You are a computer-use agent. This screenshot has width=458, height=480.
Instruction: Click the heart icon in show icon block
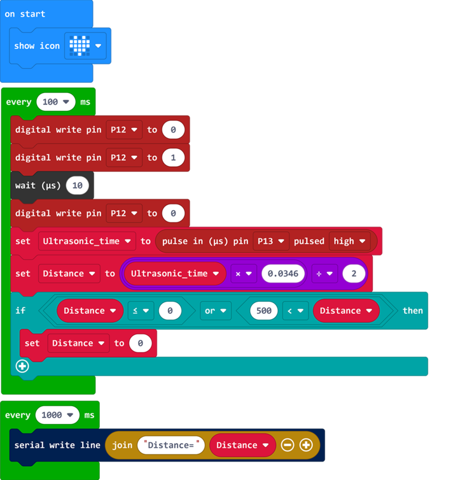80,46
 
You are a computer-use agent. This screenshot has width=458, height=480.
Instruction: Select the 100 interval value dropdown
56,102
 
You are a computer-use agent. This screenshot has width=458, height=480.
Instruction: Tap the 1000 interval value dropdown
58,415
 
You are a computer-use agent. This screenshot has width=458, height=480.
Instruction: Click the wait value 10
78,186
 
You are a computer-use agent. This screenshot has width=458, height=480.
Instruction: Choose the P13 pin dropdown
271,241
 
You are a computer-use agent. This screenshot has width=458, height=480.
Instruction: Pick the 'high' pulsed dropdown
350,241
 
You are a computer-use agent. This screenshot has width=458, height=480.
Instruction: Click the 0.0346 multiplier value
283,274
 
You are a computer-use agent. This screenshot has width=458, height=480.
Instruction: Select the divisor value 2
354,274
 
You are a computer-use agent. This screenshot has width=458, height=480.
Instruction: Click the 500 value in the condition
263,311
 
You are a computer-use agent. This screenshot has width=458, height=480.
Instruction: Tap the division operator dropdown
324,274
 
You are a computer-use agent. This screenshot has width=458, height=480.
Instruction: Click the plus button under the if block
22,366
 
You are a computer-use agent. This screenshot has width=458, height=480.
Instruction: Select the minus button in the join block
288,445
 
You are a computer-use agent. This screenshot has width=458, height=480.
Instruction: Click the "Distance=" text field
171,445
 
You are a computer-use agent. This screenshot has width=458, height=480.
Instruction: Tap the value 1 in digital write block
173,158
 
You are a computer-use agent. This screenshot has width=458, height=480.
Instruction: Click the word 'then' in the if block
412,311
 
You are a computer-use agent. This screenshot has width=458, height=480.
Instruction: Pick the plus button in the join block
306,445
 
